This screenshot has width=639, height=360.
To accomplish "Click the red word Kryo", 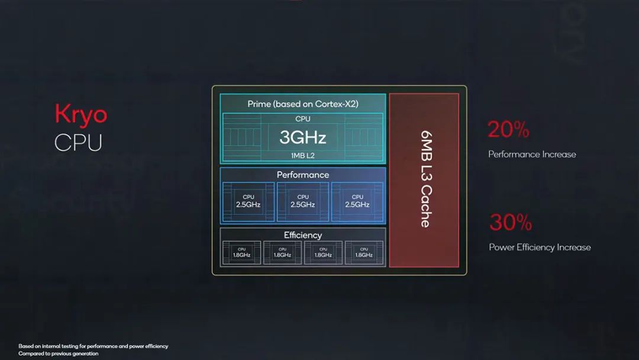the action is (81, 114).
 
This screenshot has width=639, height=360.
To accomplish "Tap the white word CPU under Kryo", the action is (78, 143).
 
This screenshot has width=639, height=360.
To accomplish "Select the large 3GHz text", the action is (302, 137).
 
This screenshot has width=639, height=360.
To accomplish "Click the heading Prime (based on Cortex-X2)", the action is (302, 104).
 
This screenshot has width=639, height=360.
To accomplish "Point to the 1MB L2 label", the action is (302, 155).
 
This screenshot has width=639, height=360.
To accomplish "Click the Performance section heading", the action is (302, 175).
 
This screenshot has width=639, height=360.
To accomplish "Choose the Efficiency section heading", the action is (302, 235).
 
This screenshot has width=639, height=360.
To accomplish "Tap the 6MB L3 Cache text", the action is (425, 179).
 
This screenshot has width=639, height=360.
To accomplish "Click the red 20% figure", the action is (508, 130).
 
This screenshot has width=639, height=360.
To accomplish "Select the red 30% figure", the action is (510, 223).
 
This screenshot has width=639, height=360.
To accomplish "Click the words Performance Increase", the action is (532, 155).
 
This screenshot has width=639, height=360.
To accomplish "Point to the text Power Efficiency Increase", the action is (540, 247).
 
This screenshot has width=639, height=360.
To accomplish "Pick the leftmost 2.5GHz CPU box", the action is (248, 201).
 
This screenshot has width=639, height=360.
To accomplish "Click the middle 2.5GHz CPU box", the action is (303, 201).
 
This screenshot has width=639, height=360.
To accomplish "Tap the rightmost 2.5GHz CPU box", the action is (357, 201).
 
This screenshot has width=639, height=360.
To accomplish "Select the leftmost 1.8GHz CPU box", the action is (241, 252).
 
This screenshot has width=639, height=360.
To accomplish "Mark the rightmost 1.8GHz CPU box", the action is (364, 252).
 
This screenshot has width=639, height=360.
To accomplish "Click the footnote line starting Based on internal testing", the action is (93, 346).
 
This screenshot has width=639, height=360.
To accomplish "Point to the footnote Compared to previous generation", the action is (59, 353).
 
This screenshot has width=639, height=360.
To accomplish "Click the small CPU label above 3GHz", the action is (302, 119).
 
